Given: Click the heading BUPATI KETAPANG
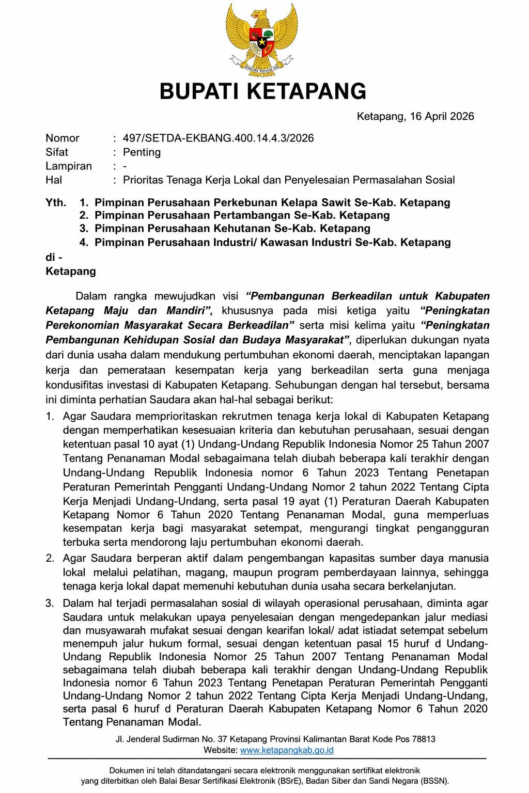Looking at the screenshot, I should (263, 91).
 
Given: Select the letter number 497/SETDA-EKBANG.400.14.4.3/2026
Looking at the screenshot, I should (218, 138).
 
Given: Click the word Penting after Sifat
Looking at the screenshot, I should (142, 152).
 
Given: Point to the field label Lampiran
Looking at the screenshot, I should (69, 166).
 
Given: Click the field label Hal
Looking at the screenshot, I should (54, 180).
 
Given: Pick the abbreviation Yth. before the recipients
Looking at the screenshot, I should (56, 202).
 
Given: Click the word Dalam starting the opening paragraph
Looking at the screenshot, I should (91, 296).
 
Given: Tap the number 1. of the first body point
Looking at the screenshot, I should (50, 416).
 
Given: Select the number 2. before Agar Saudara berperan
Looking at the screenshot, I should (50, 558).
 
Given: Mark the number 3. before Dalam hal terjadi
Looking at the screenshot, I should (50, 603).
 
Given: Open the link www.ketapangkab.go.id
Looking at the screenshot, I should (287, 750).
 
